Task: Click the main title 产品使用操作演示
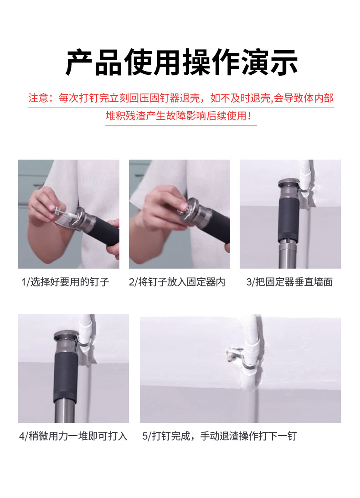click(x=181, y=62)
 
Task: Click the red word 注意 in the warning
click(x=38, y=98)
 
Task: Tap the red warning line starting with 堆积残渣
click(x=179, y=116)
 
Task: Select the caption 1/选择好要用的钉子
click(x=65, y=282)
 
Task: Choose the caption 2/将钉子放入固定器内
click(x=177, y=282)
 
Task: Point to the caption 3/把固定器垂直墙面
click(x=289, y=282)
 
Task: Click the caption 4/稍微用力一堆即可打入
click(x=73, y=436)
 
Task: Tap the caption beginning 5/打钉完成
click(x=220, y=436)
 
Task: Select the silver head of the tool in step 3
click(x=289, y=189)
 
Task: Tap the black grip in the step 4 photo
click(x=66, y=377)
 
